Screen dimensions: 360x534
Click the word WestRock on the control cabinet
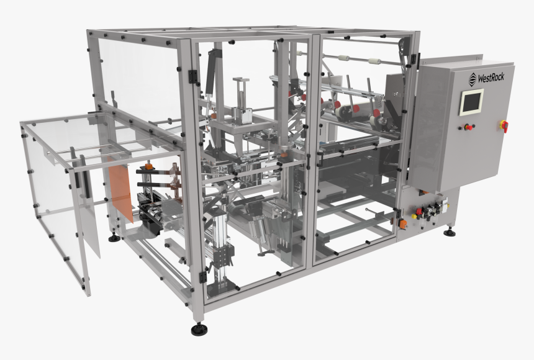[x=491, y=78]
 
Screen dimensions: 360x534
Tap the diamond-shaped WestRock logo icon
[x=473, y=78]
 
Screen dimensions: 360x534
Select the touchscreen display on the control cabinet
[x=471, y=102]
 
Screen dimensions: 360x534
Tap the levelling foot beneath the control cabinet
[x=449, y=232]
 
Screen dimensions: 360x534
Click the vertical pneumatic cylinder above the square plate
[x=240, y=96]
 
